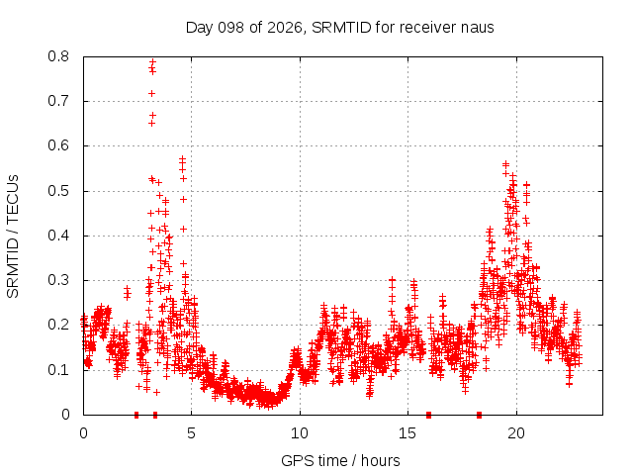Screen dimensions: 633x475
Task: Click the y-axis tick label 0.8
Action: click(58, 56)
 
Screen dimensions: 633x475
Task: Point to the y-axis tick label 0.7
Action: click(58, 101)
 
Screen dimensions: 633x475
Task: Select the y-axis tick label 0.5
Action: click(58, 190)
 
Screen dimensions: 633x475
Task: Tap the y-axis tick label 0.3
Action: click(58, 280)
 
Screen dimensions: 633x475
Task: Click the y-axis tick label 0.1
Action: click(58, 369)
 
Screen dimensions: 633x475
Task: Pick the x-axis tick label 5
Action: click(191, 433)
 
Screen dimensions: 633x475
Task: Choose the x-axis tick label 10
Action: click(300, 433)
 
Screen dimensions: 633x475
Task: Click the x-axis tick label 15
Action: click(407, 433)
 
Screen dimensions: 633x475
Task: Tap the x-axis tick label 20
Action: click(516, 433)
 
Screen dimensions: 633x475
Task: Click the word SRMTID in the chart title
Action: click(341, 28)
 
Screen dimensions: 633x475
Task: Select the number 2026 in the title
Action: click(285, 28)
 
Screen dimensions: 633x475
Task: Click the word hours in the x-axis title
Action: click(380, 460)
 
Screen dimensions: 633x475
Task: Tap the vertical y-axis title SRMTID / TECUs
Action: click(13, 237)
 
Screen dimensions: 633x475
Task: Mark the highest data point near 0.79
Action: click(152, 62)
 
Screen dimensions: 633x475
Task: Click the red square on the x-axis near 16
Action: click(428, 415)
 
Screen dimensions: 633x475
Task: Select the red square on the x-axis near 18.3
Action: click(479, 415)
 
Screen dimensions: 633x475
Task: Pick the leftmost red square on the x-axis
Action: click(136, 415)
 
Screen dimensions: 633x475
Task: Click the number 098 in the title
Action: click(230, 28)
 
